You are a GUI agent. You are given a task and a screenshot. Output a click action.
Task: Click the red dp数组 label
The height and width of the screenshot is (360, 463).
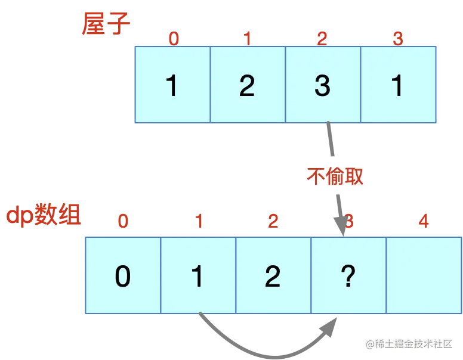click(x=43, y=216)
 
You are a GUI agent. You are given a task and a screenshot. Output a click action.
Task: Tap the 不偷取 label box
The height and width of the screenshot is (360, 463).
click(x=336, y=175)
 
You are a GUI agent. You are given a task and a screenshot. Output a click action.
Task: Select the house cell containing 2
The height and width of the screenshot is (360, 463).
click(x=248, y=85)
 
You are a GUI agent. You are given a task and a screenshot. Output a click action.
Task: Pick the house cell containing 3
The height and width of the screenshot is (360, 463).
click(x=323, y=85)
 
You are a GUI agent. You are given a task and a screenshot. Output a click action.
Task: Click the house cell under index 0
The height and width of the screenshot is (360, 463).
click(x=172, y=85)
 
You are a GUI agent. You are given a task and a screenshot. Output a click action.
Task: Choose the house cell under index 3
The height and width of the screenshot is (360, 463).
click(x=398, y=85)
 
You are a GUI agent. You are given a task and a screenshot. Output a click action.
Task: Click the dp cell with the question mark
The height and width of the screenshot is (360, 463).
click(x=348, y=275)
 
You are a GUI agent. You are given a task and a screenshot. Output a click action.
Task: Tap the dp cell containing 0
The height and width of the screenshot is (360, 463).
click(x=123, y=275)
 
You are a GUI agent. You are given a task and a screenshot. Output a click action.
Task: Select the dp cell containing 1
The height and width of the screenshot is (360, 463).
click(x=198, y=275)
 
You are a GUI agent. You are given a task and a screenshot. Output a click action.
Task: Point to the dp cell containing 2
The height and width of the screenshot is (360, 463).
click(x=273, y=275)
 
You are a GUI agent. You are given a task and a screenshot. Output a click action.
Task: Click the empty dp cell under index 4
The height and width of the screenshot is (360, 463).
click(x=424, y=275)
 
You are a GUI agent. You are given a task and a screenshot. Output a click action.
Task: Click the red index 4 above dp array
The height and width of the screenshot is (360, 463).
click(x=424, y=221)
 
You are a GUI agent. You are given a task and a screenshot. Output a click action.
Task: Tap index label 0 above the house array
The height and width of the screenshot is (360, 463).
click(x=174, y=39)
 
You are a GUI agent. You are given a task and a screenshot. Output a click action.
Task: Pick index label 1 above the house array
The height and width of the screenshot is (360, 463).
click(x=248, y=39)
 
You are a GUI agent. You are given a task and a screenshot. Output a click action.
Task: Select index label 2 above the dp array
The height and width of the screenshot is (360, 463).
click(x=273, y=221)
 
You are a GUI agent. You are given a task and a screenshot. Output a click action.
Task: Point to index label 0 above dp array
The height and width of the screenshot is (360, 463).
click(x=123, y=221)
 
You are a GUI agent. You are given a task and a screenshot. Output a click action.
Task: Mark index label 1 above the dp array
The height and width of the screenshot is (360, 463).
click(x=199, y=221)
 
